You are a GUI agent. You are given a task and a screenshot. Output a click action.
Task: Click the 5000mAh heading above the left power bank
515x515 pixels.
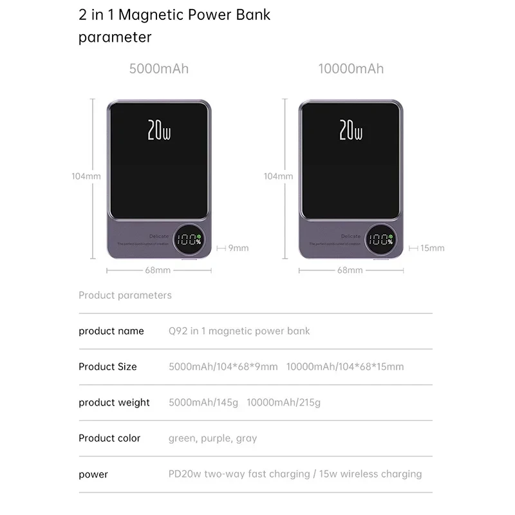(159, 68)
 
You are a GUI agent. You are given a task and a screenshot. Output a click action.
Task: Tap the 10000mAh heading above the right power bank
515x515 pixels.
(351, 68)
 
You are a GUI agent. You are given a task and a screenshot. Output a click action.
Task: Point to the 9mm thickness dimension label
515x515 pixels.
(238, 248)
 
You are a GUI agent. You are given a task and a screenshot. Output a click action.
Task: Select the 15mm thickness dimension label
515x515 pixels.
(432, 248)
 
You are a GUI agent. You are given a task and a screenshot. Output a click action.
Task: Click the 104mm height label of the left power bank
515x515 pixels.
(86, 176)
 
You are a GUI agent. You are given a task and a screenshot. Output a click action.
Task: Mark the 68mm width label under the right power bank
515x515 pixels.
(350, 270)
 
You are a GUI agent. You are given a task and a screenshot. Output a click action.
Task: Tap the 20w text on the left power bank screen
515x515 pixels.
(159, 130)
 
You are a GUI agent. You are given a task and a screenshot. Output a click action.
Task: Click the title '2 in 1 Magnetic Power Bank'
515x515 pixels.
(174, 15)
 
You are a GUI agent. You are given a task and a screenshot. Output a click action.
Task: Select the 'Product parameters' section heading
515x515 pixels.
(125, 295)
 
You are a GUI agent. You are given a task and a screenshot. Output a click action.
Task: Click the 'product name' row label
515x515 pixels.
(111, 331)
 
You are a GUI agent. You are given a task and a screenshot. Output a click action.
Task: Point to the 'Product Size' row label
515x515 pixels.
(108, 366)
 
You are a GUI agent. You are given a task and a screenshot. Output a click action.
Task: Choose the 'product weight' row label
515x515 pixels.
(114, 402)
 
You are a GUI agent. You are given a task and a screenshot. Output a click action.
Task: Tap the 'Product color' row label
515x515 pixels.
(109, 438)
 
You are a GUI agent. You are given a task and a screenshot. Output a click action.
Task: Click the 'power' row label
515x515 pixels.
(93, 474)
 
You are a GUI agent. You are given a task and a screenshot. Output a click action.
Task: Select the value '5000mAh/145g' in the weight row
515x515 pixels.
(203, 402)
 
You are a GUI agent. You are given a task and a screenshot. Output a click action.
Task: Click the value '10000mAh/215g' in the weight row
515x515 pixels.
(283, 402)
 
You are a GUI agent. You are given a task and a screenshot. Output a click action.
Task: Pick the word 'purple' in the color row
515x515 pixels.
(215, 438)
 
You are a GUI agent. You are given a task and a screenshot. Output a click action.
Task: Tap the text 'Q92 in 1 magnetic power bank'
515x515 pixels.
(239, 331)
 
